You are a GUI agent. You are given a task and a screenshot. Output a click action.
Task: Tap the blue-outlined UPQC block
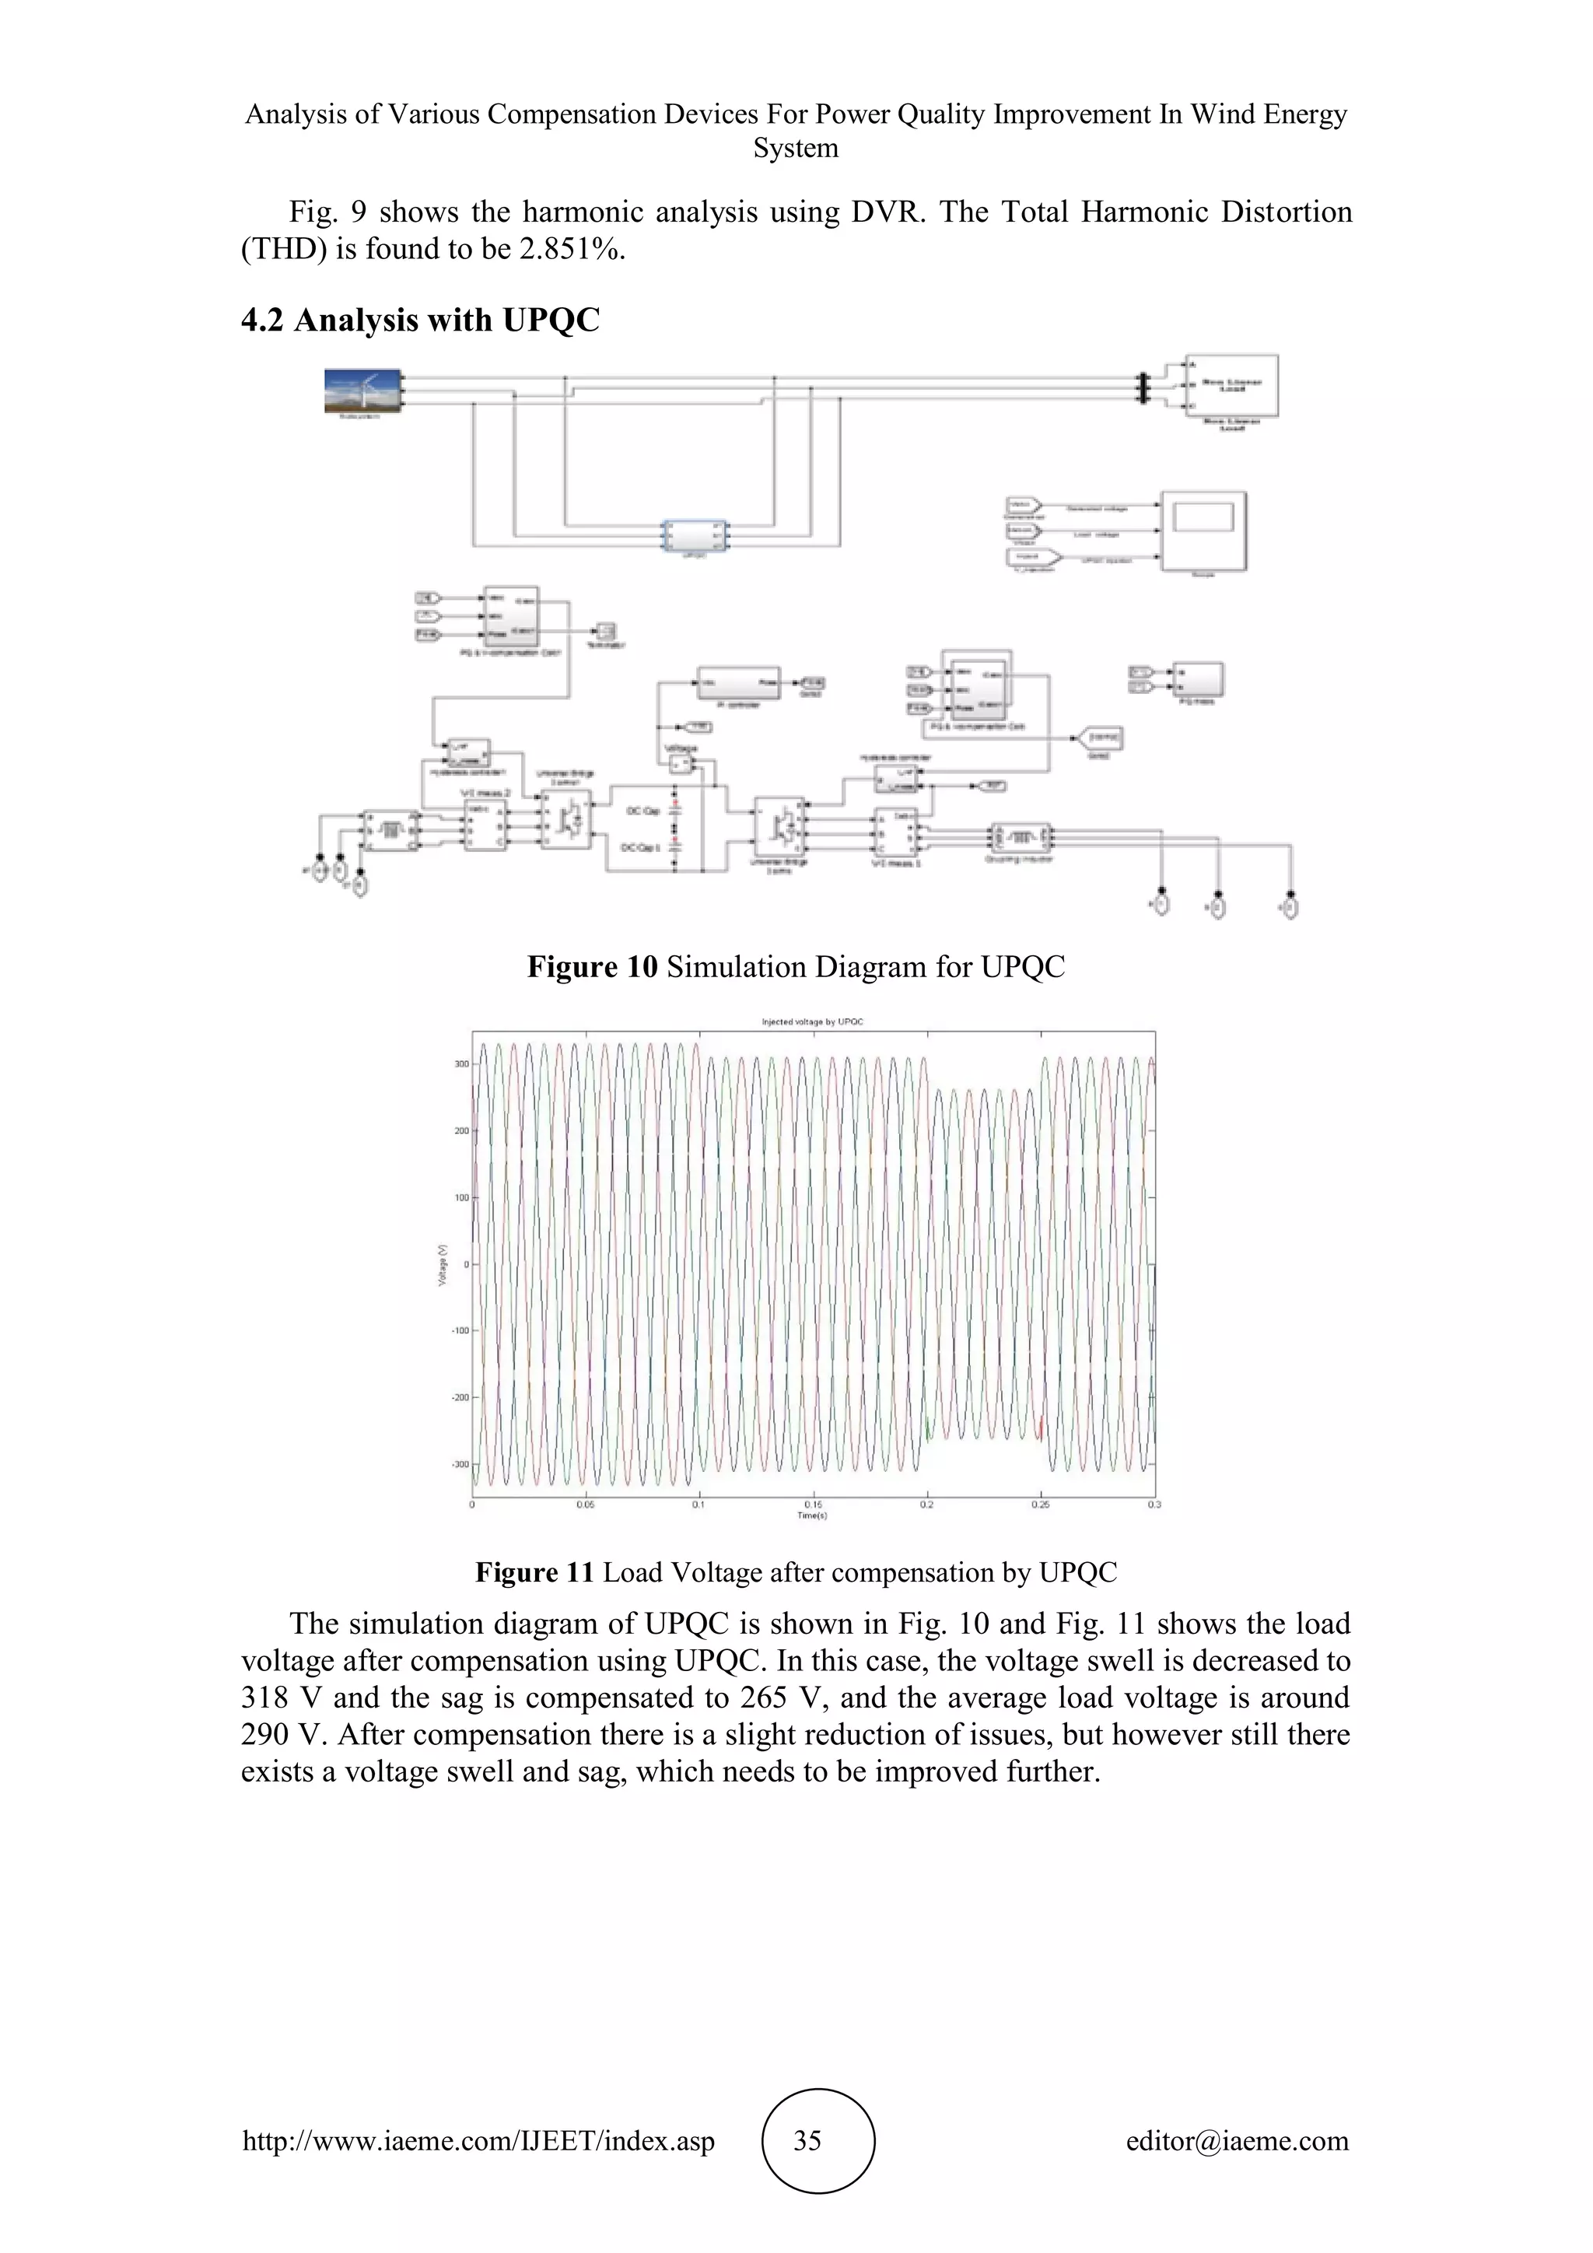(695, 536)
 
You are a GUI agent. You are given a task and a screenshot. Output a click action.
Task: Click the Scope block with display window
(1203, 531)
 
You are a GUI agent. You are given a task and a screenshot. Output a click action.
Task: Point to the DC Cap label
(643, 811)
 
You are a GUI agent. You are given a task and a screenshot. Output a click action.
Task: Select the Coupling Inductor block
(1021, 838)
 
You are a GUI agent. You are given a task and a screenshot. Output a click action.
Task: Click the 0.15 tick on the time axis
(813, 1505)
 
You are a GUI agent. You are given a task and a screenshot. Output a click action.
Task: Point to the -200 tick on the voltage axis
(460, 1397)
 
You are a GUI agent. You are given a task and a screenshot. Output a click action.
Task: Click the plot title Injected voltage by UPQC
(812, 1021)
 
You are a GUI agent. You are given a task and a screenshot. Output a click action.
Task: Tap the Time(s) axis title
(812, 1516)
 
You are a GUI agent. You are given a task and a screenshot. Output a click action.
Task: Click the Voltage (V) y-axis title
(443, 1265)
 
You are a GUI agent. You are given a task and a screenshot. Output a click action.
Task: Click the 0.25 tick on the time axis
(1040, 1505)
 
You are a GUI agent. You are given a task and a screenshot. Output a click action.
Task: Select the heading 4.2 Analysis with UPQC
(420, 321)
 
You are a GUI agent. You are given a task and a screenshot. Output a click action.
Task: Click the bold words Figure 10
(591, 968)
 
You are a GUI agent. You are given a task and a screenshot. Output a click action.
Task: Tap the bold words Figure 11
(534, 1573)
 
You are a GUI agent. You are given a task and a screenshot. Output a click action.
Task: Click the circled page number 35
(807, 2140)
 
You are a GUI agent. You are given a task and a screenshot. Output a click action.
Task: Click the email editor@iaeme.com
(1237, 2140)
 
